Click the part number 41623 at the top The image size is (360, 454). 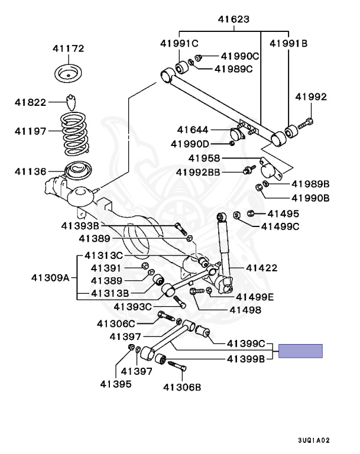click(233, 19)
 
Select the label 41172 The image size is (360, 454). click(69, 48)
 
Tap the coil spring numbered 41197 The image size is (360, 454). click(74, 133)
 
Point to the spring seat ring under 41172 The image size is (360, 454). click(69, 73)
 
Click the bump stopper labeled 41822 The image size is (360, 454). click(72, 102)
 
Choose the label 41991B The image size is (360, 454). click(288, 43)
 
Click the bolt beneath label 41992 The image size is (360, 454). click(306, 123)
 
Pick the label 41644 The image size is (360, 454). click(193, 129)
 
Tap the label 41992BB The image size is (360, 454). click(198, 172)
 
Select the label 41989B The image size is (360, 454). click(310, 184)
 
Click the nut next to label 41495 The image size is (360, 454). click(251, 213)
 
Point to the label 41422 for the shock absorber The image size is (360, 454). click(261, 268)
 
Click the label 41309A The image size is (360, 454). click(50, 278)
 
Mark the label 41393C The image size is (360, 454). click(132, 307)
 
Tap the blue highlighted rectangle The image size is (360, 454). click(300, 351)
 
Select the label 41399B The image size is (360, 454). click(246, 359)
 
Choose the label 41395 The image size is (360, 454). click(116, 384)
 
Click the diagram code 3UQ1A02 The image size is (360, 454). click(314, 440)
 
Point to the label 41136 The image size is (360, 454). click(30, 171)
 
